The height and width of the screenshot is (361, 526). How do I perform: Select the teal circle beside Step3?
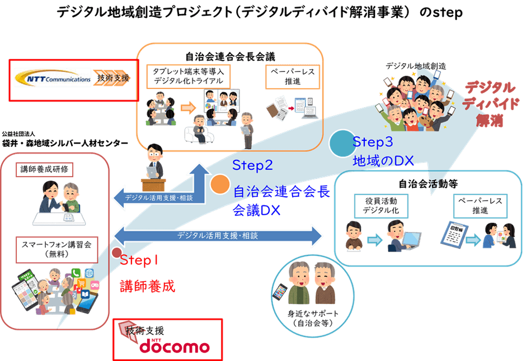coord(341,144)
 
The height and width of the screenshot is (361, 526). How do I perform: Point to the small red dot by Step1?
coord(116,253)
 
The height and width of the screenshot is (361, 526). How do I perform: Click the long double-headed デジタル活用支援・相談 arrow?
coord(218,236)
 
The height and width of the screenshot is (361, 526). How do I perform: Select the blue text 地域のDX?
coord(383,161)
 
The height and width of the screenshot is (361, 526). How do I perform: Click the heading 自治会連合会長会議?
coord(231,56)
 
